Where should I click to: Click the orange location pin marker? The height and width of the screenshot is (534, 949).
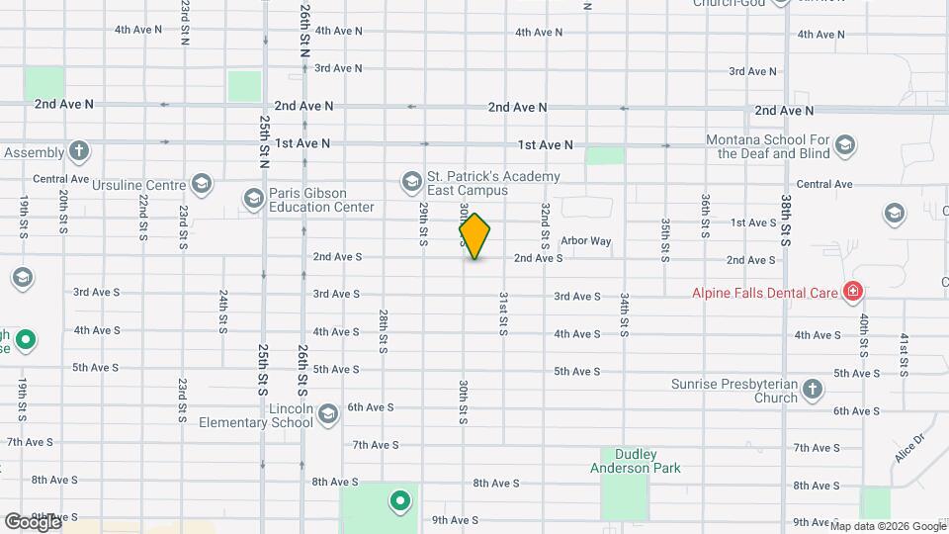click(474, 236)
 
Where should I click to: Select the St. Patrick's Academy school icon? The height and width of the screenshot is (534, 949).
click(410, 181)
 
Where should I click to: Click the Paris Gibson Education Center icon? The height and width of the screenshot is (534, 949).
click(252, 200)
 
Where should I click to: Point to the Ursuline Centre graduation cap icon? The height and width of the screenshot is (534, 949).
click(202, 184)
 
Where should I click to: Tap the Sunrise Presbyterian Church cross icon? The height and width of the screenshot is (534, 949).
click(813, 390)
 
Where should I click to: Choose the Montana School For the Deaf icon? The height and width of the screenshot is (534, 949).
click(844, 146)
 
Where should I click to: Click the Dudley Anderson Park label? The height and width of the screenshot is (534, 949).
click(634, 460)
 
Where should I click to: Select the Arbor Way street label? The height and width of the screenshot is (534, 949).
click(586, 241)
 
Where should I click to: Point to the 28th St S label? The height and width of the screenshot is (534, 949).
click(383, 330)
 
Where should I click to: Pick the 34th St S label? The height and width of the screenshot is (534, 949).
click(625, 315)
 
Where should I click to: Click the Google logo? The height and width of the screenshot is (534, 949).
click(33, 521)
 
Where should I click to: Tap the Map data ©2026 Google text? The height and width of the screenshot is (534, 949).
click(888, 526)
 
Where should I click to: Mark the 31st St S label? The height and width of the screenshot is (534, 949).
click(503, 312)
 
